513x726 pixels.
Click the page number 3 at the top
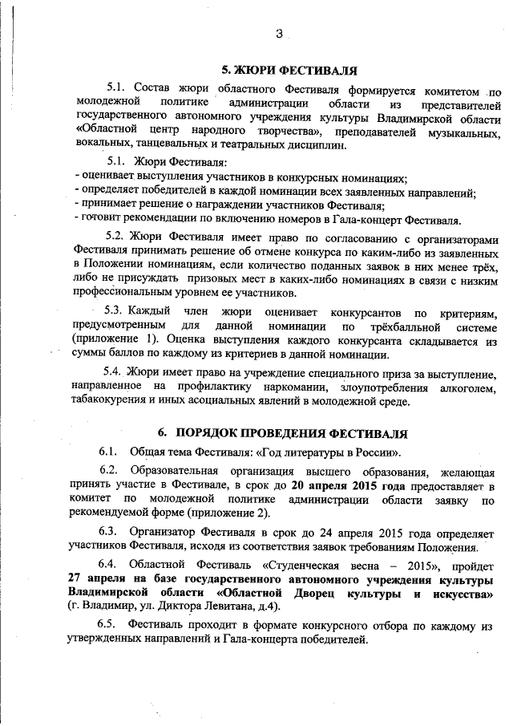pos(279,33)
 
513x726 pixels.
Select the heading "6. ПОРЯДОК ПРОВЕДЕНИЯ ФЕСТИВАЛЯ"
pos(293,433)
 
